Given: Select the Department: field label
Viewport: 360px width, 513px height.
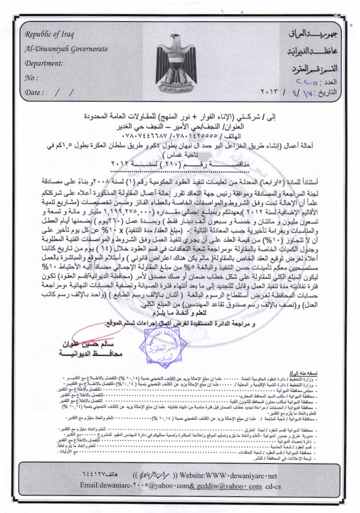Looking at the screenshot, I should (44, 63).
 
